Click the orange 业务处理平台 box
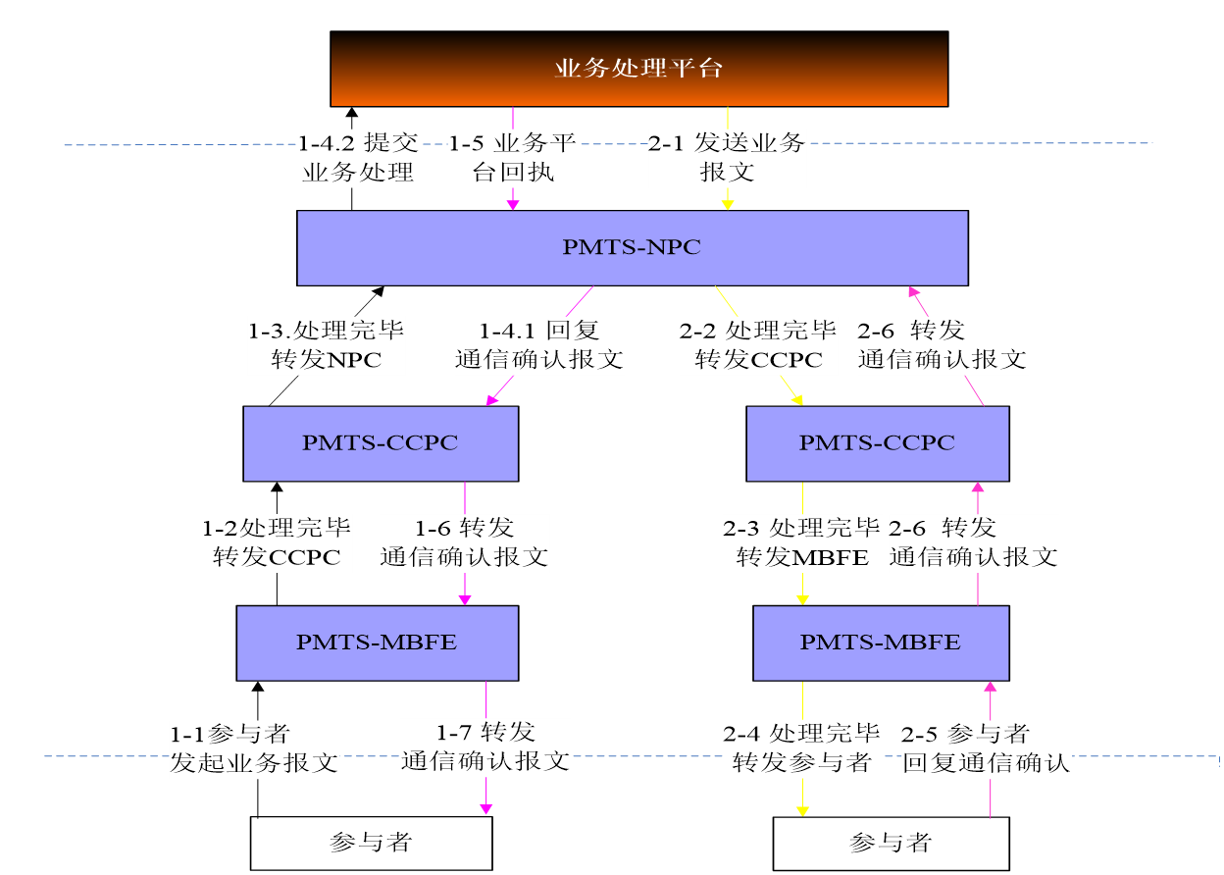click(x=638, y=68)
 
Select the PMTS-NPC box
click(x=632, y=247)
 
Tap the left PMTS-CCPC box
click(x=381, y=443)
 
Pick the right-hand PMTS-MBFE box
click(x=880, y=643)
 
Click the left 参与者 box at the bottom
click(x=371, y=843)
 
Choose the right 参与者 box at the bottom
click(x=891, y=843)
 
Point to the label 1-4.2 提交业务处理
click(x=358, y=158)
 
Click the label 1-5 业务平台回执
click(x=512, y=158)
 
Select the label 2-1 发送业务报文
click(x=727, y=158)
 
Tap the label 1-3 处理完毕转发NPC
click(x=326, y=345)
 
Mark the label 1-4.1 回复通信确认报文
click(x=538, y=345)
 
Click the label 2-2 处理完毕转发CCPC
click(x=758, y=345)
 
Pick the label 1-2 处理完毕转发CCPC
click(x=277, y=543)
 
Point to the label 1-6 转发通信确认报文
click(x=464, y=543)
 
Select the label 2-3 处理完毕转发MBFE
click(x=801, y=543)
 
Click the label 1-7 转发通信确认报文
click(x=485, y=747)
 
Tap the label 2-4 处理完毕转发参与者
click(x=801, y=748)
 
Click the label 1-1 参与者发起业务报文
click(x=254, y=749)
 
